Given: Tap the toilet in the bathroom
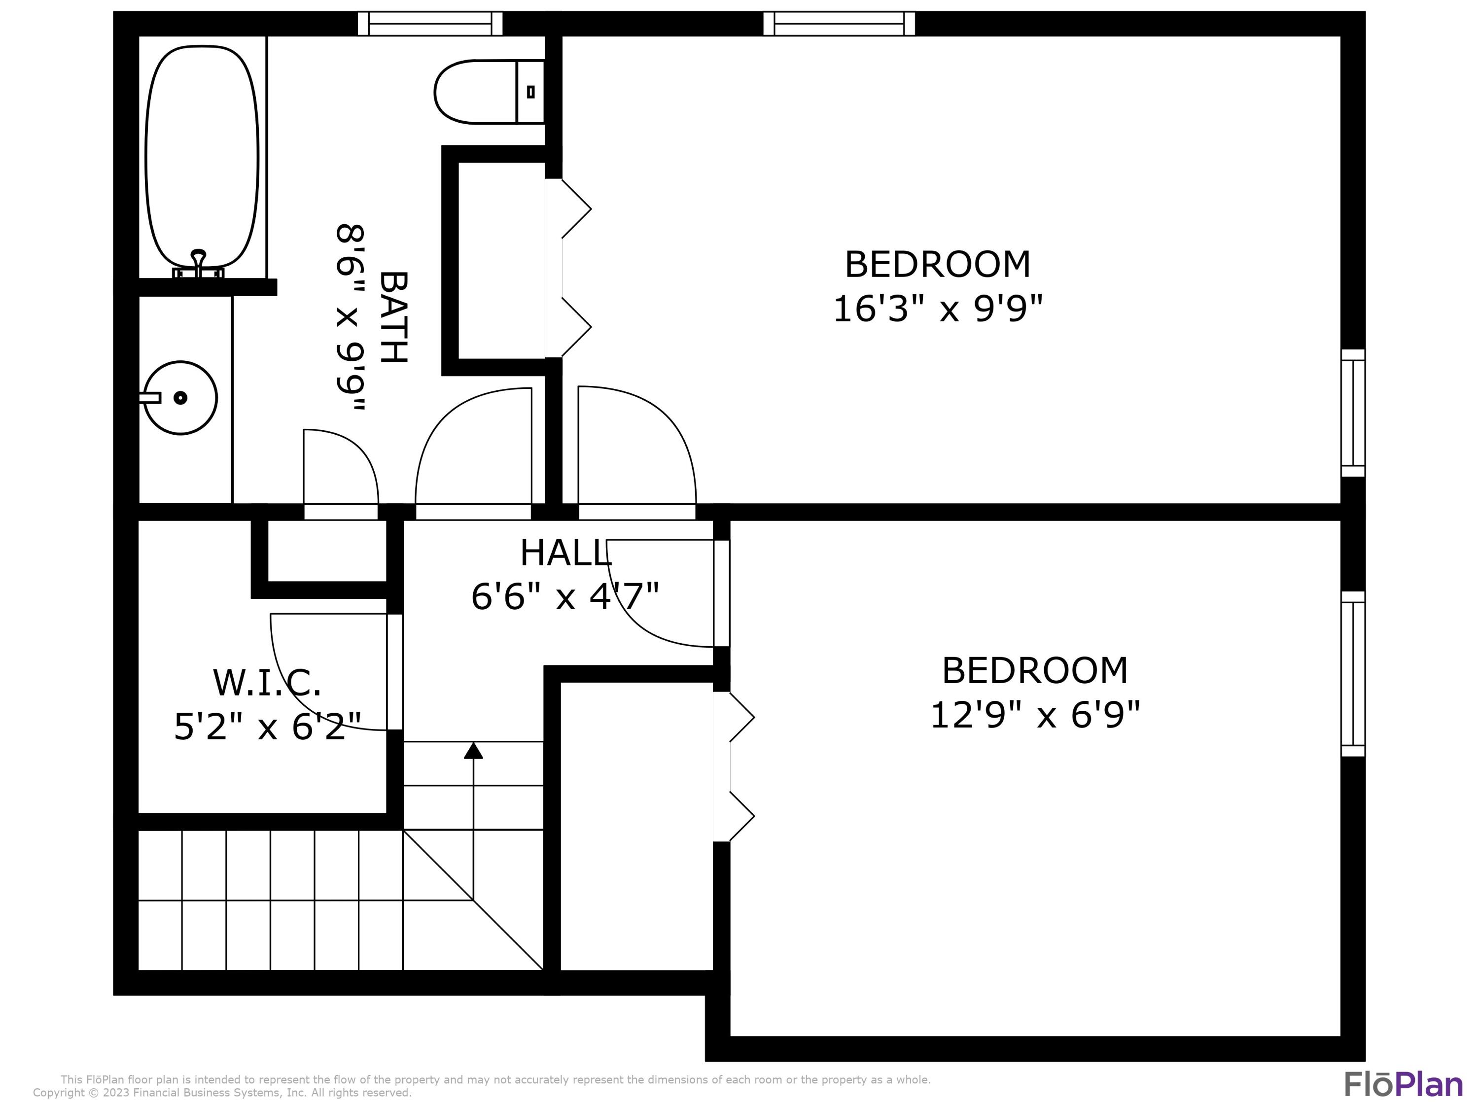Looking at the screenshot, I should coord(481,92).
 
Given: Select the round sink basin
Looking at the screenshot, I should coord(180,398).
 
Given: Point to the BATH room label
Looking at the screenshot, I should coord(393,317).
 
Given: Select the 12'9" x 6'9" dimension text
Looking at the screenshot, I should coord(1034,715).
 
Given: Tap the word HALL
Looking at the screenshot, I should coord(565,554).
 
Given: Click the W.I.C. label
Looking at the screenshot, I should coord(267,683).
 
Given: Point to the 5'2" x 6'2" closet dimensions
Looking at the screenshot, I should coord(267,727).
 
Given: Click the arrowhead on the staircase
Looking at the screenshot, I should coord(473,751).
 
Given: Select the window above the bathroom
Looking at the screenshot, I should coord(430,23).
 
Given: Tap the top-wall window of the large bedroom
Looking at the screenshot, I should coord(839,23).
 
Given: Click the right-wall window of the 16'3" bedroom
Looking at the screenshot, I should coord(1353,413).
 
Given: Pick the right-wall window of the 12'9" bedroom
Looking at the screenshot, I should coord(1353,674).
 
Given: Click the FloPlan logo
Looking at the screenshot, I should coord(1403,1084).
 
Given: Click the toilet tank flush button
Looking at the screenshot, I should coord(531,92).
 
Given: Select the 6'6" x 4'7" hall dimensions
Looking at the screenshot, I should coord(565,596).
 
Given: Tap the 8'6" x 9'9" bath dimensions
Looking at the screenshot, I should coord(351,317).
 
